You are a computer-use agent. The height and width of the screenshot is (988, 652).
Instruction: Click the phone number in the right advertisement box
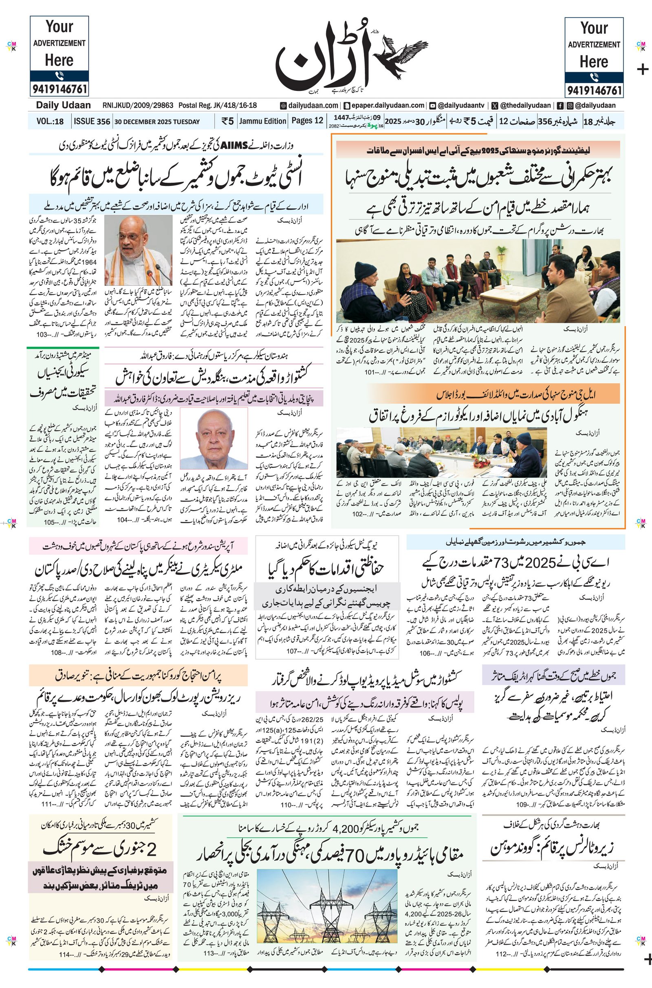[x=594, y=90]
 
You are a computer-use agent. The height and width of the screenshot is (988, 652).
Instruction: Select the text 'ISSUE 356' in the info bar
[x=92, y=122]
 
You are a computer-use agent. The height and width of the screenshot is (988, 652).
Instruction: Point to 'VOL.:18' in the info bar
[x=50, y=122]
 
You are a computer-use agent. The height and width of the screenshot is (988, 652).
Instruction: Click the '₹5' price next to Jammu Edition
[x=227, y=121]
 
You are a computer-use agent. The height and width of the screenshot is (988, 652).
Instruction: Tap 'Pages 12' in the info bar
[x=307, y=121]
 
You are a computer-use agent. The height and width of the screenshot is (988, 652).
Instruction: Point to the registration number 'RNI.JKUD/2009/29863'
[x=138, y=106]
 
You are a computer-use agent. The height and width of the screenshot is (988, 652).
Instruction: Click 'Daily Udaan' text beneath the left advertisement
[x=63, y=106]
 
